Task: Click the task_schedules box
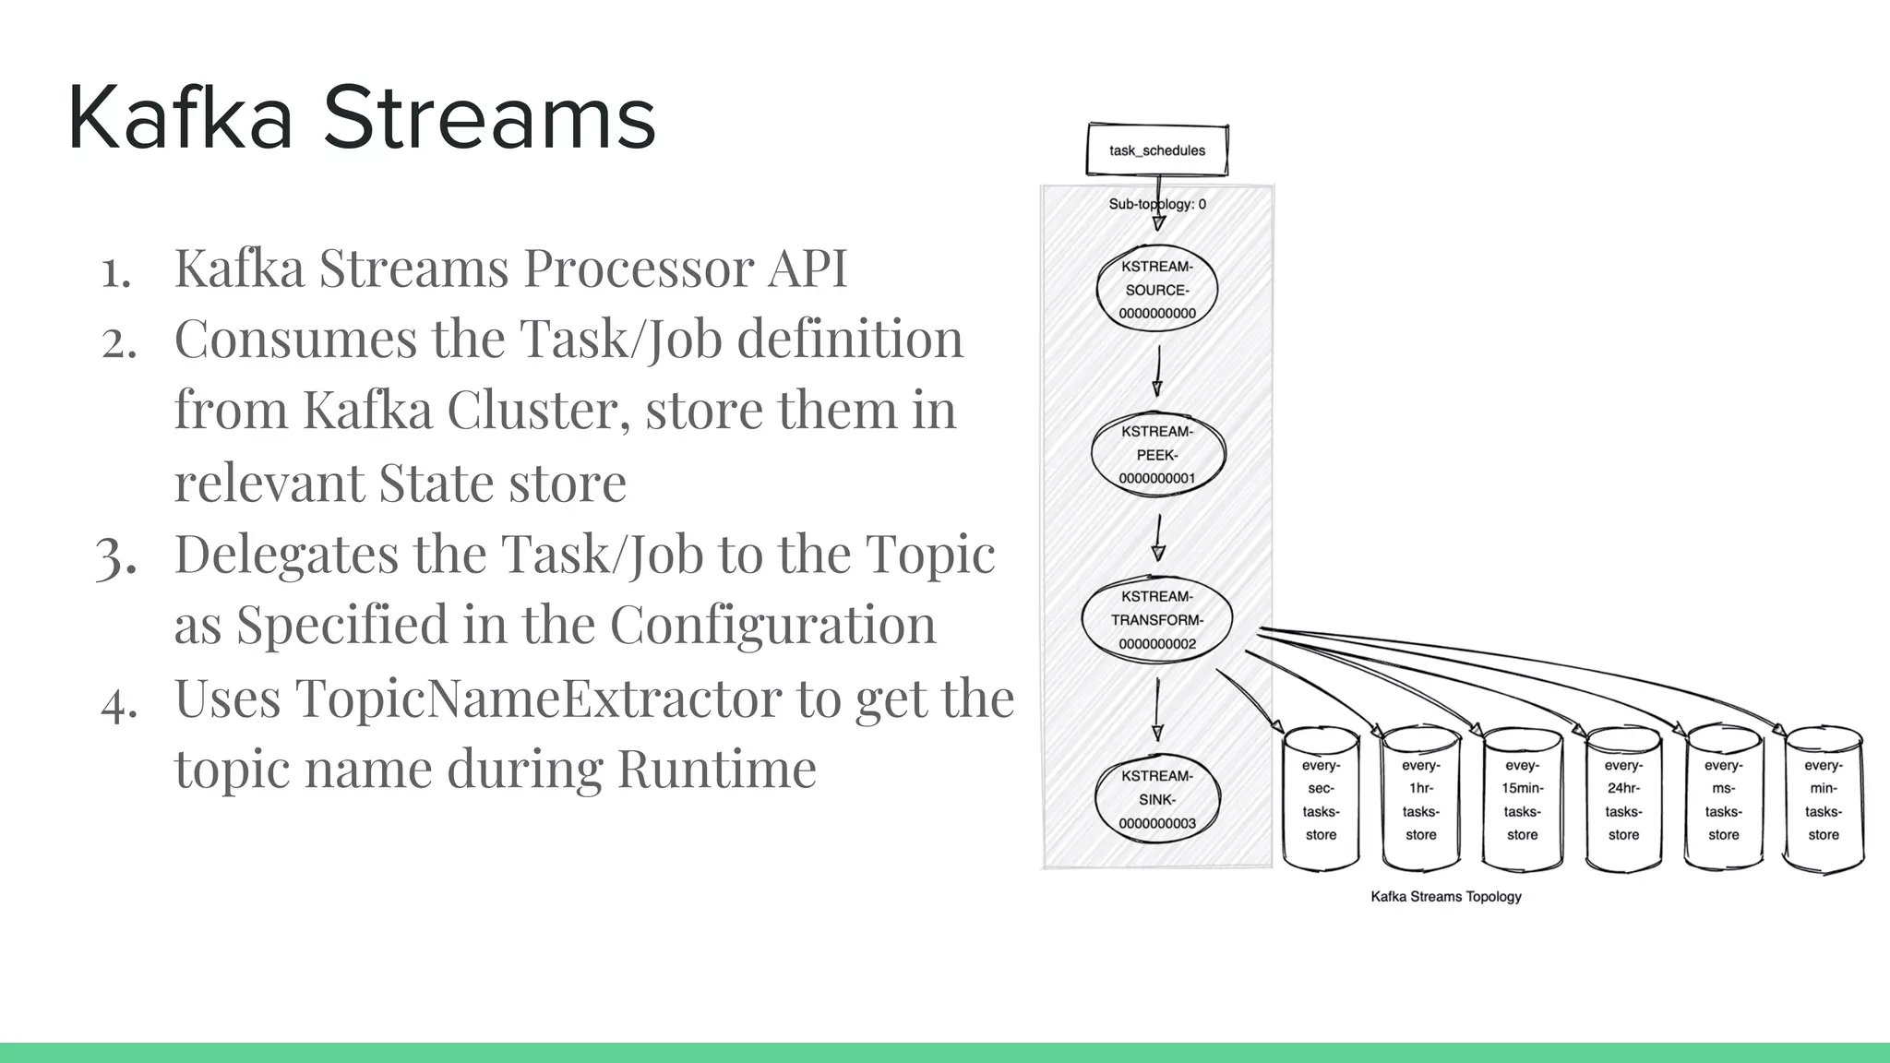click(x=1157, y=149)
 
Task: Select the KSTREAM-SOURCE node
click(x=1157, y=290)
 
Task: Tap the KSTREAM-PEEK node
click(x=1157, y=455)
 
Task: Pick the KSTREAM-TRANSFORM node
click(x=1157, y=620)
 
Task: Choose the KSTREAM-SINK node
click(x=1157, y=800)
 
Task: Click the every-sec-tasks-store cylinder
click(x=1321, y=800)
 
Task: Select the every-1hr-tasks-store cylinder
click(x=1421, y=800)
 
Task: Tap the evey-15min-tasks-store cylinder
click(x=1523, y=800)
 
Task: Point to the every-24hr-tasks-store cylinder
click(x=1623, y=800)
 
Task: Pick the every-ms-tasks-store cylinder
click(x=1724, y=800)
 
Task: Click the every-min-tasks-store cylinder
click(x=1824, y=800)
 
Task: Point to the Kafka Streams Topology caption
click(x=1446, y=896)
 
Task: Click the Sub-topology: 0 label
click(x=1157, y=204)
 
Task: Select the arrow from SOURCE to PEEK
click(x=1157, y=371)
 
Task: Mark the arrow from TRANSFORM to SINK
click(x=1157, y=709)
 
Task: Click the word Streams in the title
click(x=489, y=118)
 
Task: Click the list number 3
click(x=116, y=556)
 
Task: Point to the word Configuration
click(x=772, y=625)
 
